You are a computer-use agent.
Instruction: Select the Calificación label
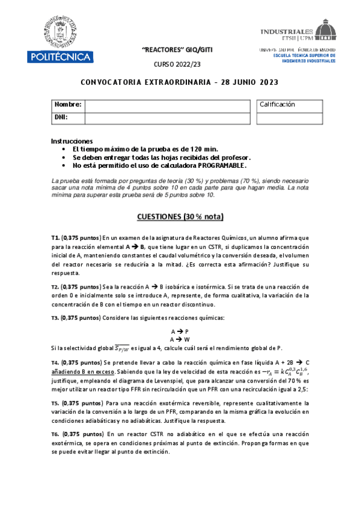(x=277, y=105)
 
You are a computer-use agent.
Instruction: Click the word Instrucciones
(x=72, y=141)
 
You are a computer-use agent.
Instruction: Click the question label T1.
(x=55, y=238)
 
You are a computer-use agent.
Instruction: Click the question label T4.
(x=55, y=363)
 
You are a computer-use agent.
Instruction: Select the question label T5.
(x=55, y=403)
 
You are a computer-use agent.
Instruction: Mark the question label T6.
(x=55, y=434)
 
